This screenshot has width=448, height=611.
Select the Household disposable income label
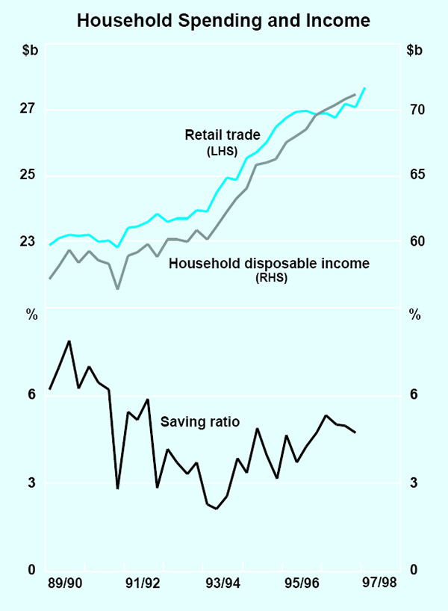coord(269,264)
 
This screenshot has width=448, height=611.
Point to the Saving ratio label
coord(200,422)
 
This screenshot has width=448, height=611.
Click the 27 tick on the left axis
coord(28,110)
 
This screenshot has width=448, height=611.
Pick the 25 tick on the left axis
coord(28,176)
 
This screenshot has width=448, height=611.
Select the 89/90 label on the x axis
coord(65,583)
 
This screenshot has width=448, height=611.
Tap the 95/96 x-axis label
coord(302,583)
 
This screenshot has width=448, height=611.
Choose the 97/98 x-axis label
coord(380,583)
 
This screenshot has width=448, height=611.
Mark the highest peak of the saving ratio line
coord(69,341)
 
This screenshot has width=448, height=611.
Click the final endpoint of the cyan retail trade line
coord(364,88)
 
